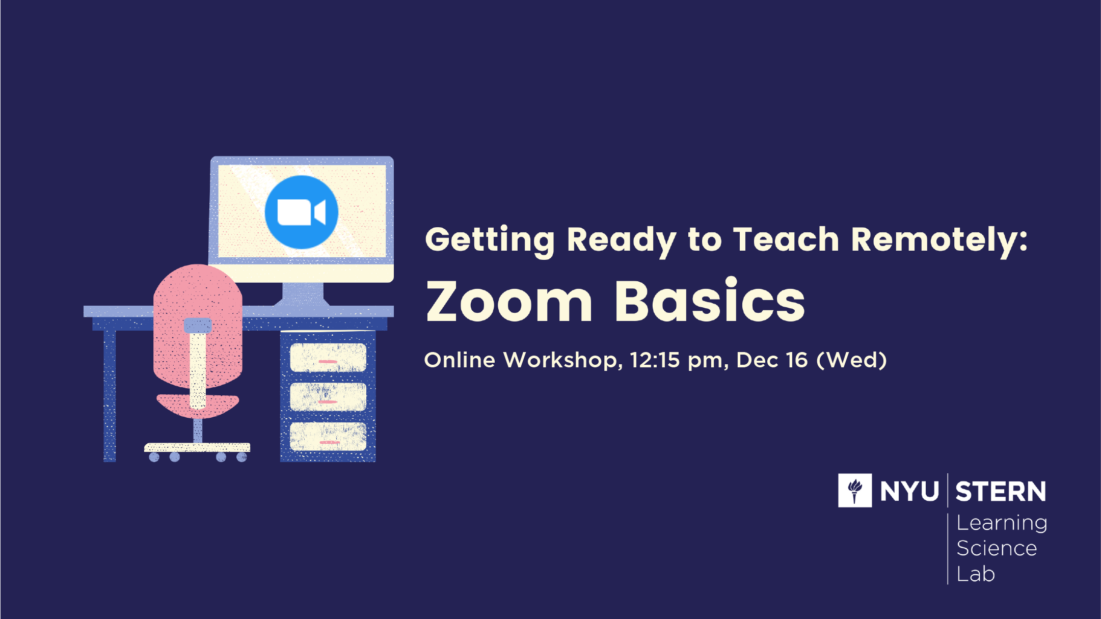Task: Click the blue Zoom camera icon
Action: (302, 212)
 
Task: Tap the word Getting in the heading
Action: (490, 240)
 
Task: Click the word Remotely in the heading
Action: (939, 240)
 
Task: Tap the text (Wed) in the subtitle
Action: (851, 360)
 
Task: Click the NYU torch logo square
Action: (855, 490)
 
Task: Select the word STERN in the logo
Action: (1001, 492)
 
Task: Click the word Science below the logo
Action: (997, 549)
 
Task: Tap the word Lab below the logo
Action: (976, 574)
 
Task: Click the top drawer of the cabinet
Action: (328, 358)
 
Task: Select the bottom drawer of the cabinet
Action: (328, 437)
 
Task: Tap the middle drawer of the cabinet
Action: (328, 397)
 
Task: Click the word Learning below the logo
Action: (1002, 523)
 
